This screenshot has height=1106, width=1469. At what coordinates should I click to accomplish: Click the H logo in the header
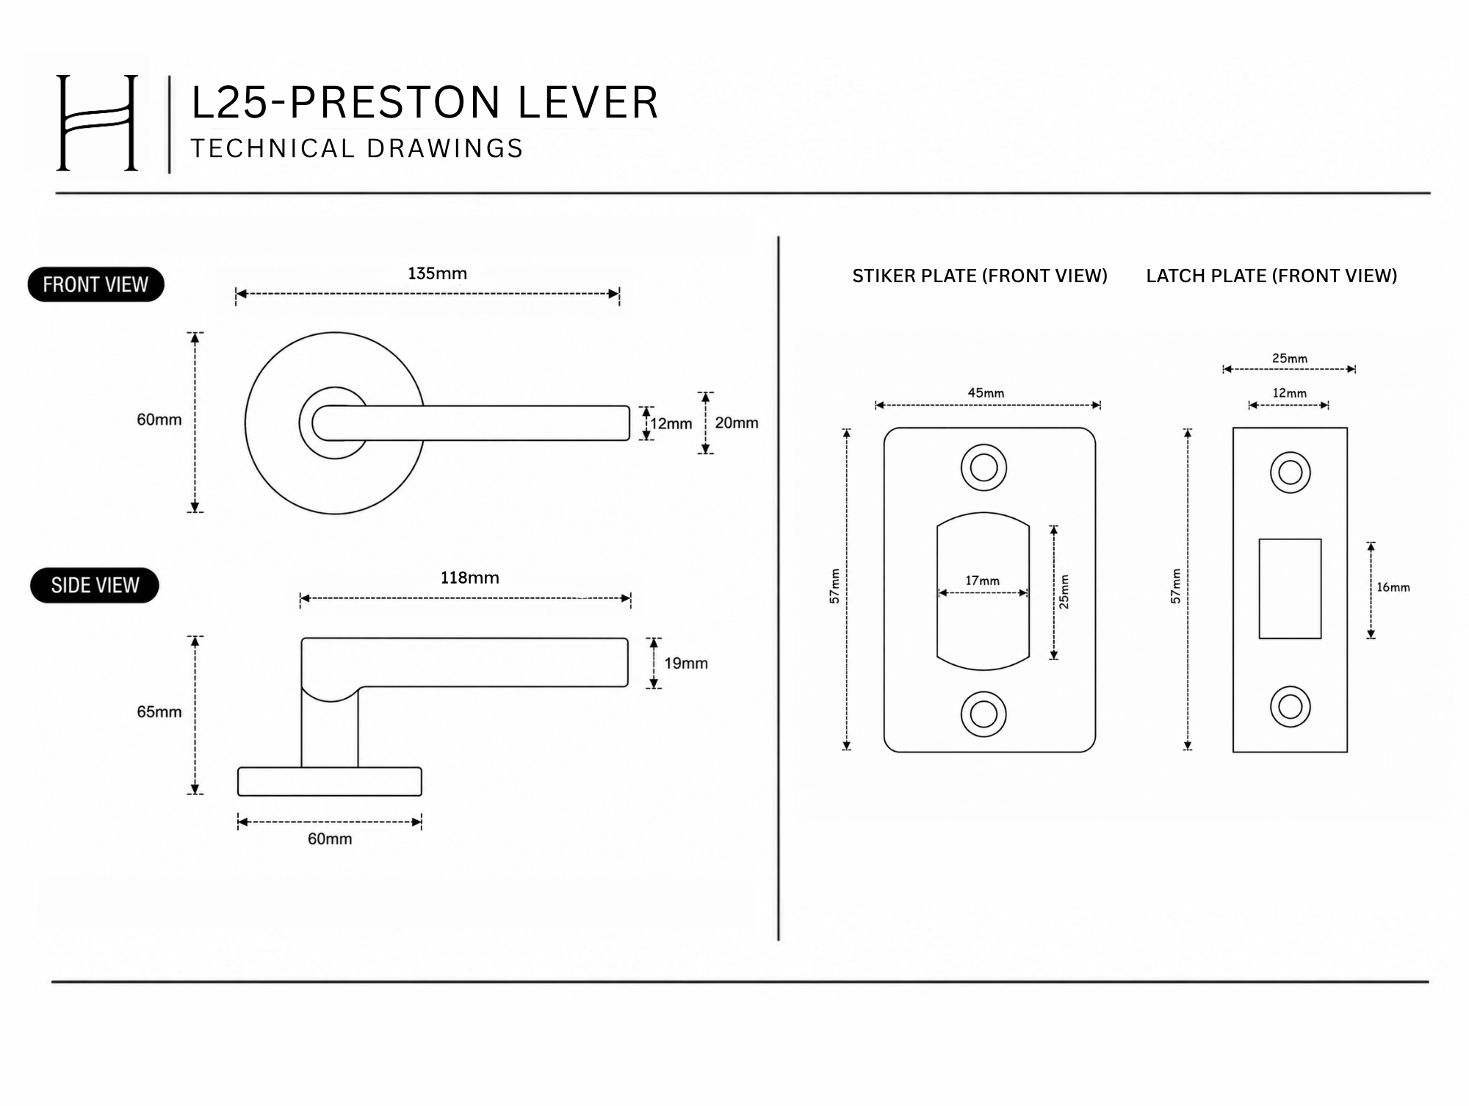98,123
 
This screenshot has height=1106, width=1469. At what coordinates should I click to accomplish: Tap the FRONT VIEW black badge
95,284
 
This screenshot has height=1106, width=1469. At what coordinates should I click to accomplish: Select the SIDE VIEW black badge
95,585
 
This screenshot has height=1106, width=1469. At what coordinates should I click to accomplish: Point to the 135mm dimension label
437,273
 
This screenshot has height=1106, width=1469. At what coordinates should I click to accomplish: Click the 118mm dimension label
469,578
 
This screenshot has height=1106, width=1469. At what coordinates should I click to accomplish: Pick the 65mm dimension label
159,711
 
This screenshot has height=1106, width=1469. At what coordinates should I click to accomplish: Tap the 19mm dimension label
686,663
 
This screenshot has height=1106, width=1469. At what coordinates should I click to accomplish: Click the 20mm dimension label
737,423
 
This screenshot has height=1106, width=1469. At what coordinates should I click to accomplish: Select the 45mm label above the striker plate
986,393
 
